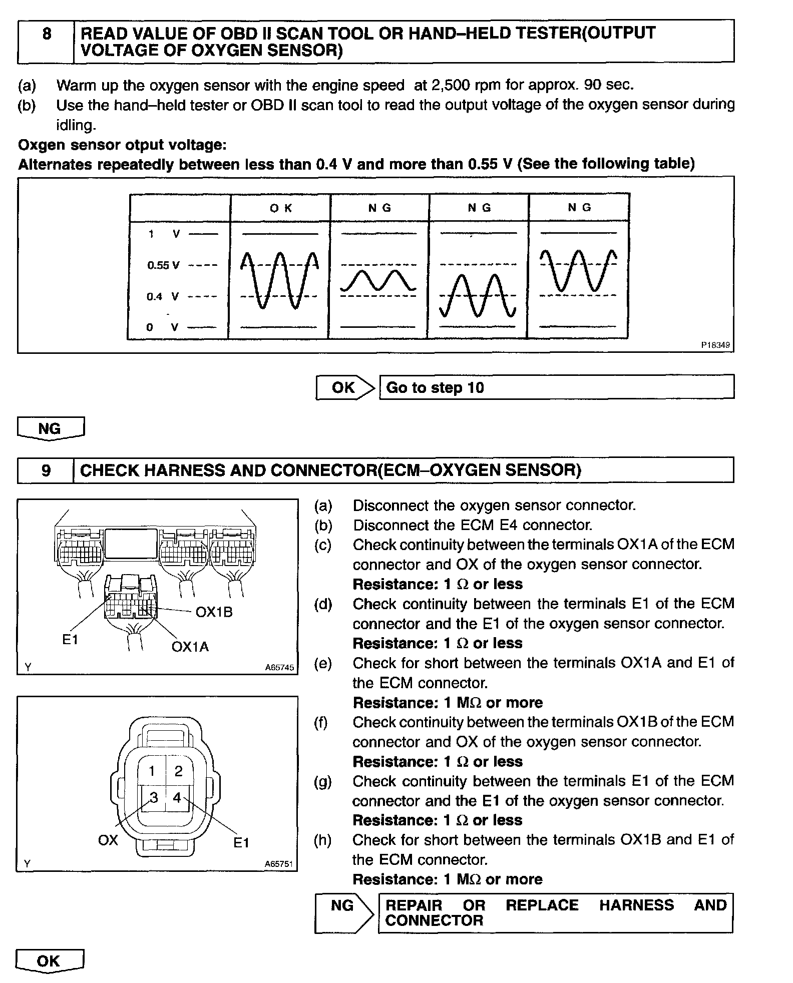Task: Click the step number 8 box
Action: (x=46, y=42)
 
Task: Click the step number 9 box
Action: (x=46, y=470)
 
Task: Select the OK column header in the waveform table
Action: (x=280, y=208)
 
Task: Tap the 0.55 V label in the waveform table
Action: (x=163, y=265)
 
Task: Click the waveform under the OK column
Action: (x=279, y=280)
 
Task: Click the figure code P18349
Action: (x=715, y=345)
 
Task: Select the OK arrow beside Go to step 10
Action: (x=345, y=387)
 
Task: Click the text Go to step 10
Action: (x=435, y=388)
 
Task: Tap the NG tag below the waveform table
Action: (x=50, y=428)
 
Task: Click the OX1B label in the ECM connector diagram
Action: (x=214, y=612)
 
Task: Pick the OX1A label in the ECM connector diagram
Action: (x=190, y=647)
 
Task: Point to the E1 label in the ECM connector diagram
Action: (x=70, y=639)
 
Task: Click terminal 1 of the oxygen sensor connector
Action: (x=152, y=771)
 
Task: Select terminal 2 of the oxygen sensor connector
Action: (x=179, y=771)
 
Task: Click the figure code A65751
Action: (x=279, y=864)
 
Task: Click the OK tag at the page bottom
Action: (x=49, y=960)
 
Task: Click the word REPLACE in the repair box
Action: (x=542, y=905)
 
